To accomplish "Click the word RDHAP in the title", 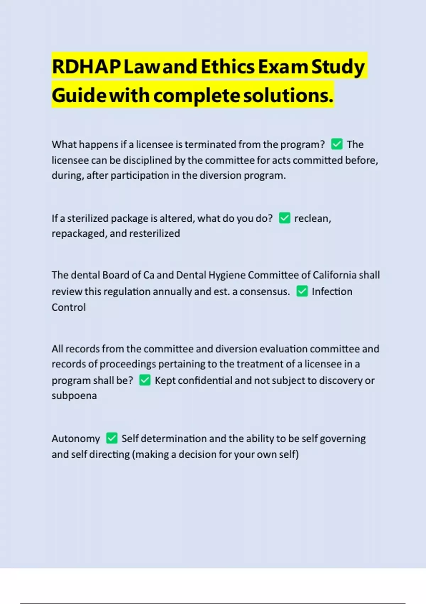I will pyautogui.click(x=86, y=66).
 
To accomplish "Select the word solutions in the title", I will pyautogui.click(x=288, y=95).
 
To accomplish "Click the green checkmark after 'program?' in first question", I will pyautogui.click(x=337, y=144).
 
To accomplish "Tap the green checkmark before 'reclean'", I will pyautogui.click(x=284, y=218).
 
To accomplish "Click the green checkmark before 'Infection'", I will pyautogui.click(x=302, y=291).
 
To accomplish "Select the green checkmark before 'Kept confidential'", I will pyautogui.click(x=144, y=380).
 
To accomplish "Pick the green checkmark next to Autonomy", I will pyautogui.click(x=111, y=438).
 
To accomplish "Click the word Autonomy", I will pyautogui.click(x=76, y=438).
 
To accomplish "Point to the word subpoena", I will pyautogui.click(x=74, y=395).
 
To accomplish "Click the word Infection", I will pyautogui.click(x=332, y=291).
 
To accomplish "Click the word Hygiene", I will pyautogui.click(x=227, y=275).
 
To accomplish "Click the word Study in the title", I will pyautogui.click(x=338, y=66).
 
